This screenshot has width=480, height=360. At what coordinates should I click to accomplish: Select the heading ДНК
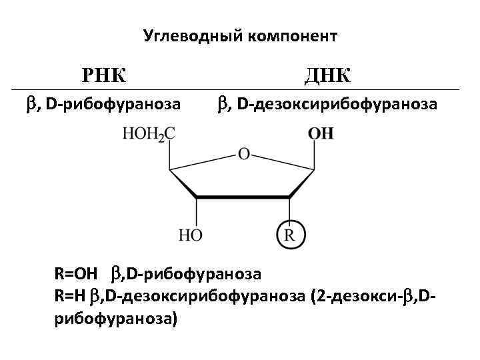pyautogui.click(x=327, y=74)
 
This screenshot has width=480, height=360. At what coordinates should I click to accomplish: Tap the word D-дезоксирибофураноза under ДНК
pyautogui.click(x=337, y=105)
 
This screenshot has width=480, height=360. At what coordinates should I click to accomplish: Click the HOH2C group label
pyautogui.click(x=149, y=134)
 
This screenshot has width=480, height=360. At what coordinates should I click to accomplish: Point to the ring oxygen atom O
pyautogui.click(x=243, y=155)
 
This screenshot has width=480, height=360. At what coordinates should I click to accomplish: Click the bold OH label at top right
pyautogui.click(x=321, y=134)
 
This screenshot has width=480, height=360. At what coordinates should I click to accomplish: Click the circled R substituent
pyautogui.click(x=290, y=235)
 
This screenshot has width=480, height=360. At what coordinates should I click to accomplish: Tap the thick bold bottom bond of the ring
pyautogui.click(x=243, y=197)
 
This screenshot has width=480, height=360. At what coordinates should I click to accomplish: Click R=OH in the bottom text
pyautogui.click(x=75, y=273)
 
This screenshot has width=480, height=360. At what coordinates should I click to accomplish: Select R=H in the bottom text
pyautogui.click(x=71, y=296)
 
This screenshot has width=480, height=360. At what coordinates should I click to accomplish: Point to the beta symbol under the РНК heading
pyautogui.click(x=31, y=105)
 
